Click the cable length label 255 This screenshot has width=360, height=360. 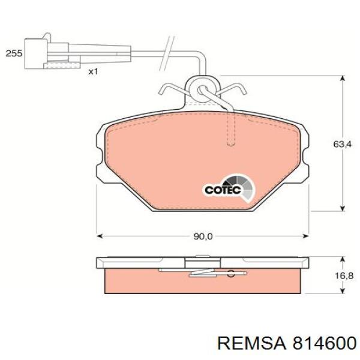click(14, 54)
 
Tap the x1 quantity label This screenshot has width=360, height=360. click(93, 71)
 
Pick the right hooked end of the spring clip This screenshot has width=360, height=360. click(243, 91)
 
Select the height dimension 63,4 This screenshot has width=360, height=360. click(342, 145)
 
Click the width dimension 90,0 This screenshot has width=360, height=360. click(202, 236)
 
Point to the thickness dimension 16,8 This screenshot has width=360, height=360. click(342, 275)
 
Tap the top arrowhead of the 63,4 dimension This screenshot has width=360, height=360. click(342, 80)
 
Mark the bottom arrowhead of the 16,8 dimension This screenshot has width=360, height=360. click(342, 292)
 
